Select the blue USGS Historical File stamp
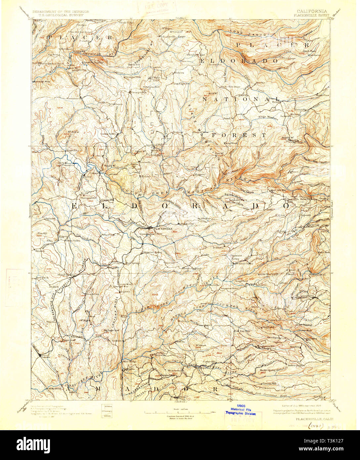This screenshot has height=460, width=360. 241,409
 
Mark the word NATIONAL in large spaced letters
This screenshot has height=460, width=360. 241,99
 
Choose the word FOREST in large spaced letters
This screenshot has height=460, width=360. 239,135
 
